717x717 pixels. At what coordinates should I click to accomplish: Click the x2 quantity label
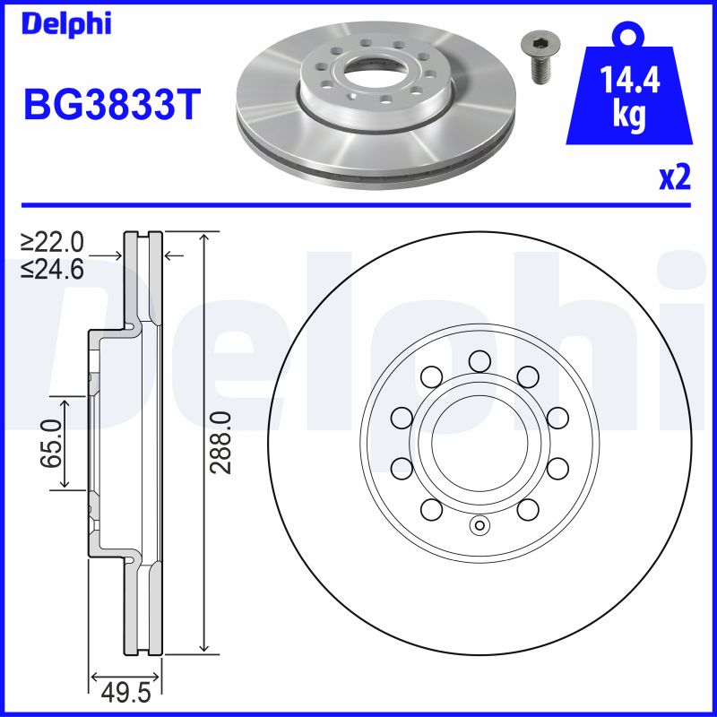(674, 178)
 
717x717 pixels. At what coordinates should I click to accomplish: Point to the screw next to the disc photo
(540, 58)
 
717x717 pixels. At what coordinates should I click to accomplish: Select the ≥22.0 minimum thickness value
(55, 242)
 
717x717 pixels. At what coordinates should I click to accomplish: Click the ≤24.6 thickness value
(55, 268)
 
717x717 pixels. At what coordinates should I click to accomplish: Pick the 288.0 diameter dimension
(223, 442)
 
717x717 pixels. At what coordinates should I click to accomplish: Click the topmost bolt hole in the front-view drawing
(479, 360)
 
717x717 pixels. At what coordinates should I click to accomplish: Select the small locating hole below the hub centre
(479, 525)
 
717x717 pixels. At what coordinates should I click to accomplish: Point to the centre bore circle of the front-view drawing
(479, 442)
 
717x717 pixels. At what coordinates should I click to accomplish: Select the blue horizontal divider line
(358, 204)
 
